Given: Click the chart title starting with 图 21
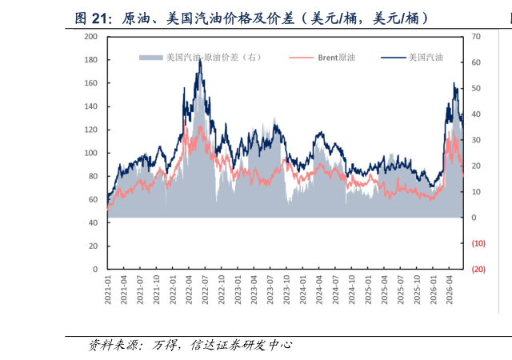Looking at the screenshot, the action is [251, 18].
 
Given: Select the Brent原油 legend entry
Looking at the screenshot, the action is [322, 58].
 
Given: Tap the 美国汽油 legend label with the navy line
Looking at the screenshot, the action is [412, 58].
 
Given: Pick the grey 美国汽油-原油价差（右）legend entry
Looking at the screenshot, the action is [200, 58].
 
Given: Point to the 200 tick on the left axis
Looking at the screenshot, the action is [91, 37].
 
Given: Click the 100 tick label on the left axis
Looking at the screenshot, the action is [91, 153].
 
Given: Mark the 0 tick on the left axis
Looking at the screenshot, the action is [95, 269].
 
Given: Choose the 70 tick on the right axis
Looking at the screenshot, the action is [476, 37].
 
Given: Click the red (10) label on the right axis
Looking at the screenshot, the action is [478, 243].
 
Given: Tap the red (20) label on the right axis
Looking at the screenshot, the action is [478, 269].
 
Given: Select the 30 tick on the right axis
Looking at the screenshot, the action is [476, 140].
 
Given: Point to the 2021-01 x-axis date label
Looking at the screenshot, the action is [108, 290].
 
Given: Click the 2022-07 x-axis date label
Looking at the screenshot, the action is [205, 290].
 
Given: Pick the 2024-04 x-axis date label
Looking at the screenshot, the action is [319, 290].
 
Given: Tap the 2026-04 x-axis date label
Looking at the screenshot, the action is [450, 290].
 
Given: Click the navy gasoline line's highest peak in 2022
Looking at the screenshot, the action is [200, 59].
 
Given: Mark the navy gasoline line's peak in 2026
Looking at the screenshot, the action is [454, 82].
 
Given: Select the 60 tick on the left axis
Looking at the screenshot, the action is [93, 200].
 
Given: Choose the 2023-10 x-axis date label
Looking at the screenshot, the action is [286, 290].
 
